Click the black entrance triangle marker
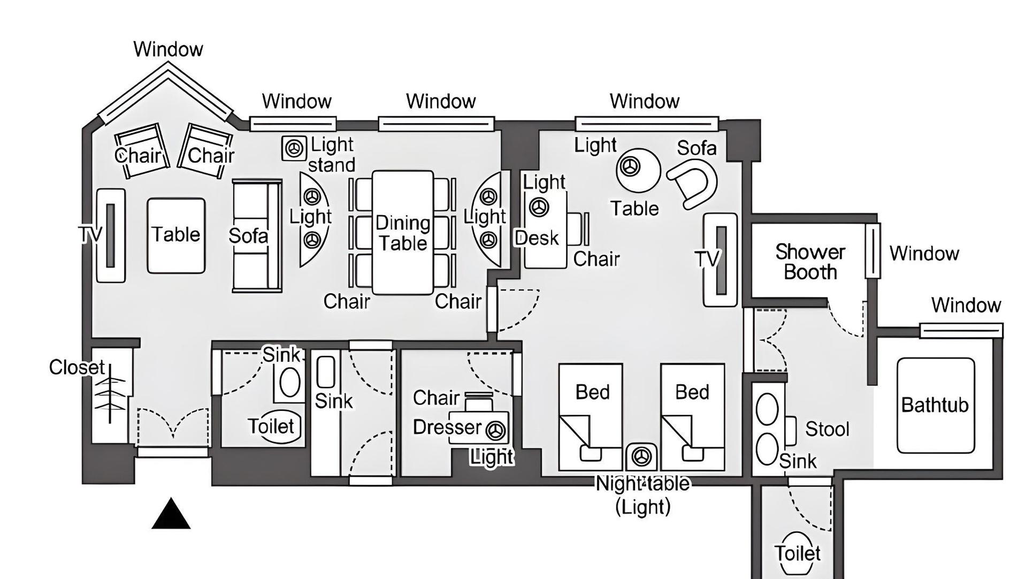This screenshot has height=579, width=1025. click(x=171, y=514)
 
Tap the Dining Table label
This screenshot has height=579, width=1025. click(x=403, y=233)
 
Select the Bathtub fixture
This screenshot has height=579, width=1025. click(x=936, y=406)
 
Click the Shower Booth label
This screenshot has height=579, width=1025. click(x=810, y=262)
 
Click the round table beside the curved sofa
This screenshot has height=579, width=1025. click(x=638, y=170)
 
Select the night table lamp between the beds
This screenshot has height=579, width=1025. click(x=641, y=456)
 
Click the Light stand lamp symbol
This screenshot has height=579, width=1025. click(x=294, y=148)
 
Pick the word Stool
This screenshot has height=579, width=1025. click(x=827, y=429)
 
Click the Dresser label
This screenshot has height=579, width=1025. click(x=447, y=427)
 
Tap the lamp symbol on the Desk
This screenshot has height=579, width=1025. click(x=539, y=207)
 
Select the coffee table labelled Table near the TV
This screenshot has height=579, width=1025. click(x=176, y=235)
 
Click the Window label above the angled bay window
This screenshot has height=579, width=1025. click(x=168, y=49)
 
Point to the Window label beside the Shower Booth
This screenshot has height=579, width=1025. click(x=924, y=253)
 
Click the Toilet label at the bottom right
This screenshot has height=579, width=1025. click(x=797, y=553)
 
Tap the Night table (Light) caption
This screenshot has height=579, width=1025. click(x=642, y=495)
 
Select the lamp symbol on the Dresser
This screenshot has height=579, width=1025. click(x=495, y=430)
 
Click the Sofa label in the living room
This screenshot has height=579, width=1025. click(x=248, y=236)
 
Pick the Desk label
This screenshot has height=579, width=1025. click(x=537, y=238)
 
